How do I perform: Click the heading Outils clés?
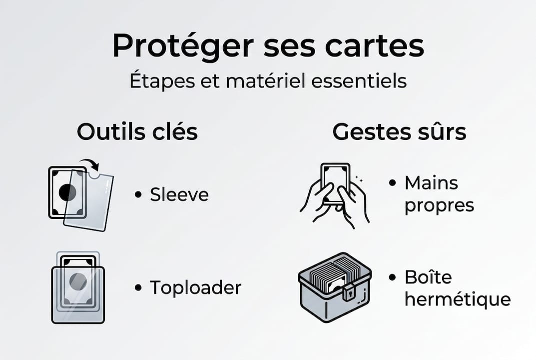[137, 132]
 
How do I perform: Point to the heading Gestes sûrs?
[399, 132]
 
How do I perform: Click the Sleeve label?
[179, 195]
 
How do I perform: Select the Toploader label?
[195, 287]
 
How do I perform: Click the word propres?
[439, 205]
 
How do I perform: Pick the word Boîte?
[428, 277]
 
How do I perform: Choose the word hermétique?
[458, 299]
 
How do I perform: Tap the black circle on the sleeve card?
[67, 192]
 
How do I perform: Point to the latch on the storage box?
[348, 291]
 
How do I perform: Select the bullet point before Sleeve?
[138, 195]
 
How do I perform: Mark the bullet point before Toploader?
[138, 287]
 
